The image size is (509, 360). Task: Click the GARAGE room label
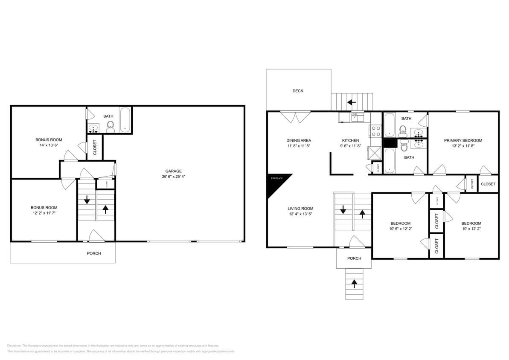(x=174, y=171)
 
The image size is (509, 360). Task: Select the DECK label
(x=298, y=91)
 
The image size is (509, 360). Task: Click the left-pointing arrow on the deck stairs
(x=352, y=102)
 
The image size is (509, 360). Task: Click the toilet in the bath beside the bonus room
(x=111, y=126)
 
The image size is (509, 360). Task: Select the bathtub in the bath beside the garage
(x=125, y=120)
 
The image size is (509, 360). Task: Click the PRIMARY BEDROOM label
(x=463, y=140)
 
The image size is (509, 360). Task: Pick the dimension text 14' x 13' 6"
(x=49, y=145)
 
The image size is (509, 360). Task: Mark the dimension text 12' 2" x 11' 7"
(x=44, y=213)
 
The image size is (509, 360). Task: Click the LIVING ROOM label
(x=300, y=209)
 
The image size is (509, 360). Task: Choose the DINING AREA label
(x=299, y=140)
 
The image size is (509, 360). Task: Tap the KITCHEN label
(x=350, y=140)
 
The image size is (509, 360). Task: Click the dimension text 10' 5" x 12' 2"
(x=400, y=229)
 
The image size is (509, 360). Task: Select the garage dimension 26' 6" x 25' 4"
(x=174, y=177)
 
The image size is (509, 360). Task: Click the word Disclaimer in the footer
(x=14, y=345)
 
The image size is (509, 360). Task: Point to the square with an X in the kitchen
(x=374, y=152)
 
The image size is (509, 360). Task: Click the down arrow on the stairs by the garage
(x=87, y=200)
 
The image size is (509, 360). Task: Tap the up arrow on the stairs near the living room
(x=362, y=214)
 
